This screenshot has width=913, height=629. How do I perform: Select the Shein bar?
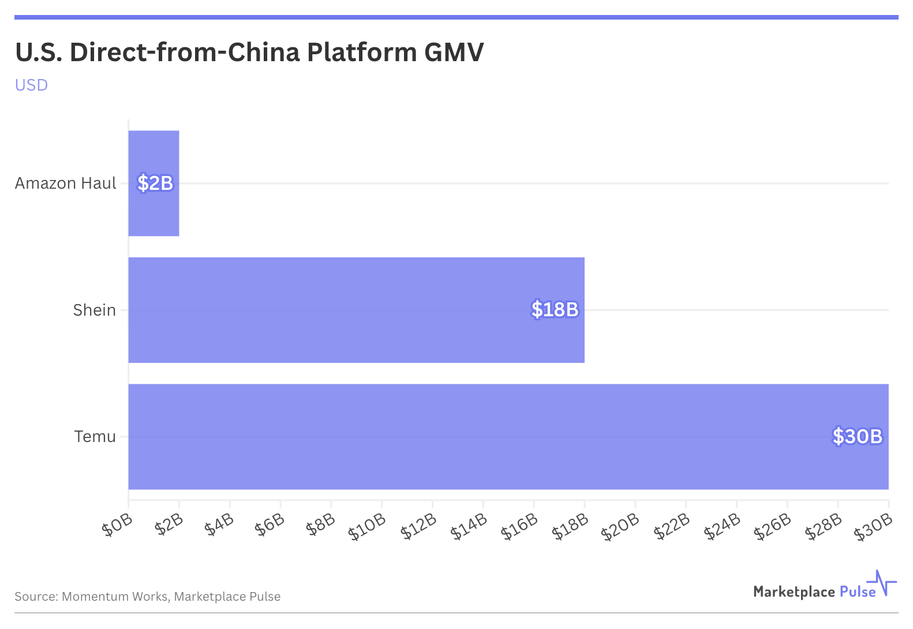346,310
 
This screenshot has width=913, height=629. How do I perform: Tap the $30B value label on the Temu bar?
857,436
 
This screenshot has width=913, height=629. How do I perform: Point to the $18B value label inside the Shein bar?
555,310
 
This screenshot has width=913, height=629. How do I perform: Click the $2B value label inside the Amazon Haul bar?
155,183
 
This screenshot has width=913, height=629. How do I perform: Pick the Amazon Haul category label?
66,183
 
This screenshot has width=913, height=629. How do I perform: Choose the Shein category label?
94,310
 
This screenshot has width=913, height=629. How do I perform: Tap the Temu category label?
95,436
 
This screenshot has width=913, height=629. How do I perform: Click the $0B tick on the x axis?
117,526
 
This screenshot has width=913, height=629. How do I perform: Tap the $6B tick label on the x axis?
270,526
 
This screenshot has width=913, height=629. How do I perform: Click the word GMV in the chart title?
454,52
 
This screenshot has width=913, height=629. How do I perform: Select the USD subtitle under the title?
31,85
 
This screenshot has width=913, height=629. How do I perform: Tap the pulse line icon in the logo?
882,583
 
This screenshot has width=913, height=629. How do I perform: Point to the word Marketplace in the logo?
794,591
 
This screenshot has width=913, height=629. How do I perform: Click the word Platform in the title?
362,52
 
